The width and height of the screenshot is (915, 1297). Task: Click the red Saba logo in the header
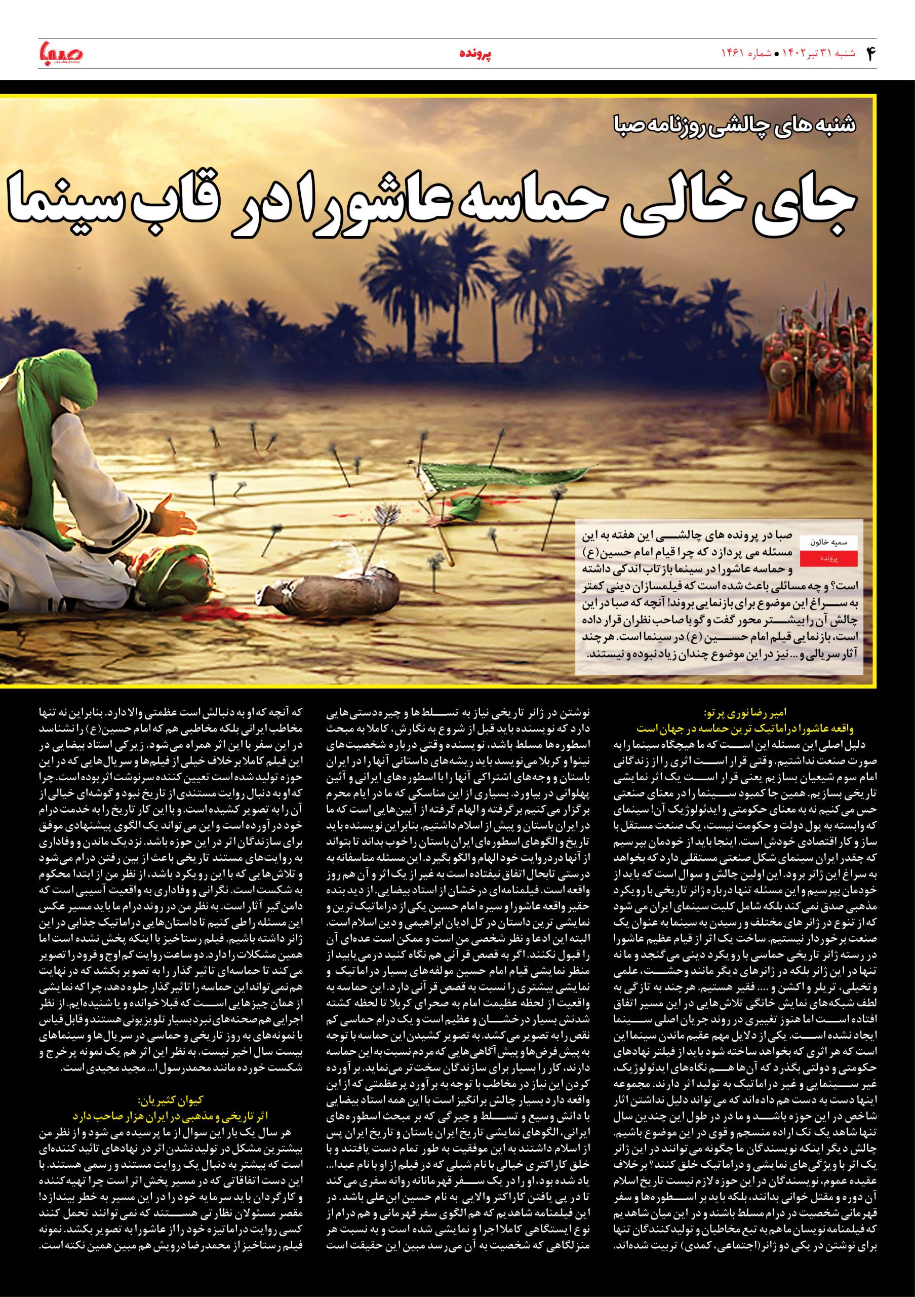(60, 53)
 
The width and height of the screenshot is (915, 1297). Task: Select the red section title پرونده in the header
(474, 54)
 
